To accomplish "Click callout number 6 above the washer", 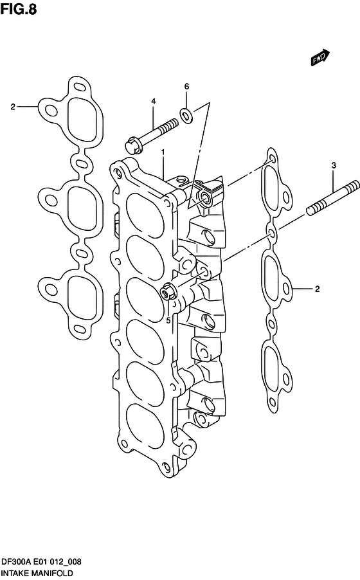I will click(x=186, y=86).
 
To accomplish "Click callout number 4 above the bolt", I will click(x=154, y=102).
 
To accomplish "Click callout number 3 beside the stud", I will click(x=334, y=166).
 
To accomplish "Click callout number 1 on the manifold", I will click(x=163, y=152).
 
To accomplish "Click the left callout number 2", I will click(x=12, y=106).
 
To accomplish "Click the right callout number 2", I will click(x=317, y=289).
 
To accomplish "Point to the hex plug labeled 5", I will click(x=170, y=293).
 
